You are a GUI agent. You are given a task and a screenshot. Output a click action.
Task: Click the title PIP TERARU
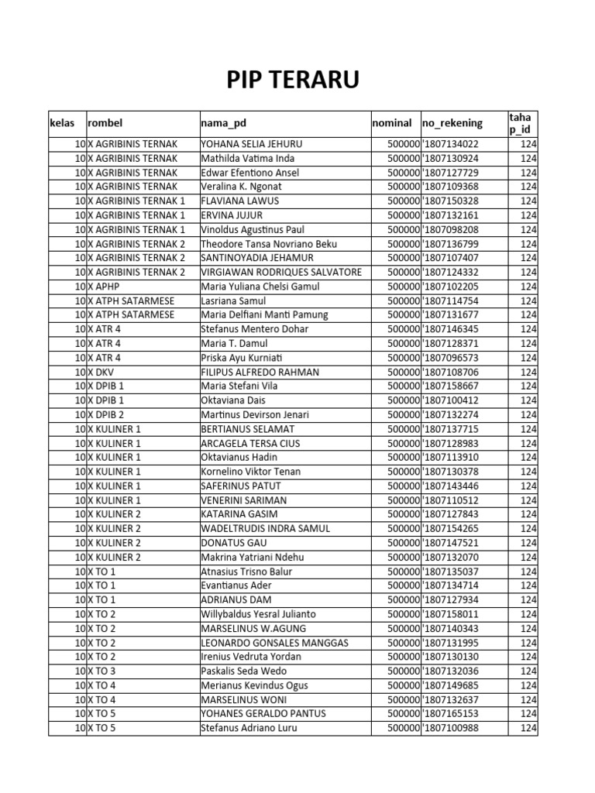point(292,80)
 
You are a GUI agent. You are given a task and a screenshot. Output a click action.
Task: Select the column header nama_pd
point(223,123)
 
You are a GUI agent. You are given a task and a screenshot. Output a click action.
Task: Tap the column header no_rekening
point(452,123)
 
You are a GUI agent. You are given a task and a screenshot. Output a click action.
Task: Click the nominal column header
point(392,123)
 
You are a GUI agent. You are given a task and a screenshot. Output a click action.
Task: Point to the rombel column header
point(105,123)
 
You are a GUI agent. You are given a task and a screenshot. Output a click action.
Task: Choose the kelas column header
point(62,123)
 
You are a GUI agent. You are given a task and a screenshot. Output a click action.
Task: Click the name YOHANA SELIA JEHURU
point(251,144)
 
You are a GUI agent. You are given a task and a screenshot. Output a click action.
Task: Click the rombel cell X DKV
point(101,372)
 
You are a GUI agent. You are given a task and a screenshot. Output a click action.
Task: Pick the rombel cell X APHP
point(104,287)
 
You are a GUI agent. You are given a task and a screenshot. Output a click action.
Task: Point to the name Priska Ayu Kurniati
point(242,358)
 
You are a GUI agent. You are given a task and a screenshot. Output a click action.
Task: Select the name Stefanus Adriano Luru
point(248,728)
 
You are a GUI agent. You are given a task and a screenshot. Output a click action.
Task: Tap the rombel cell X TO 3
point(101,671)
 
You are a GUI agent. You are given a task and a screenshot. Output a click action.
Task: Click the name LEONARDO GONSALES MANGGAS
point(274,643)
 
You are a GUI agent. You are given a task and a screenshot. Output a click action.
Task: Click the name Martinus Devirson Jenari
point(253,414)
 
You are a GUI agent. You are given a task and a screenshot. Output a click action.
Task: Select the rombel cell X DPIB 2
point(105,414)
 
